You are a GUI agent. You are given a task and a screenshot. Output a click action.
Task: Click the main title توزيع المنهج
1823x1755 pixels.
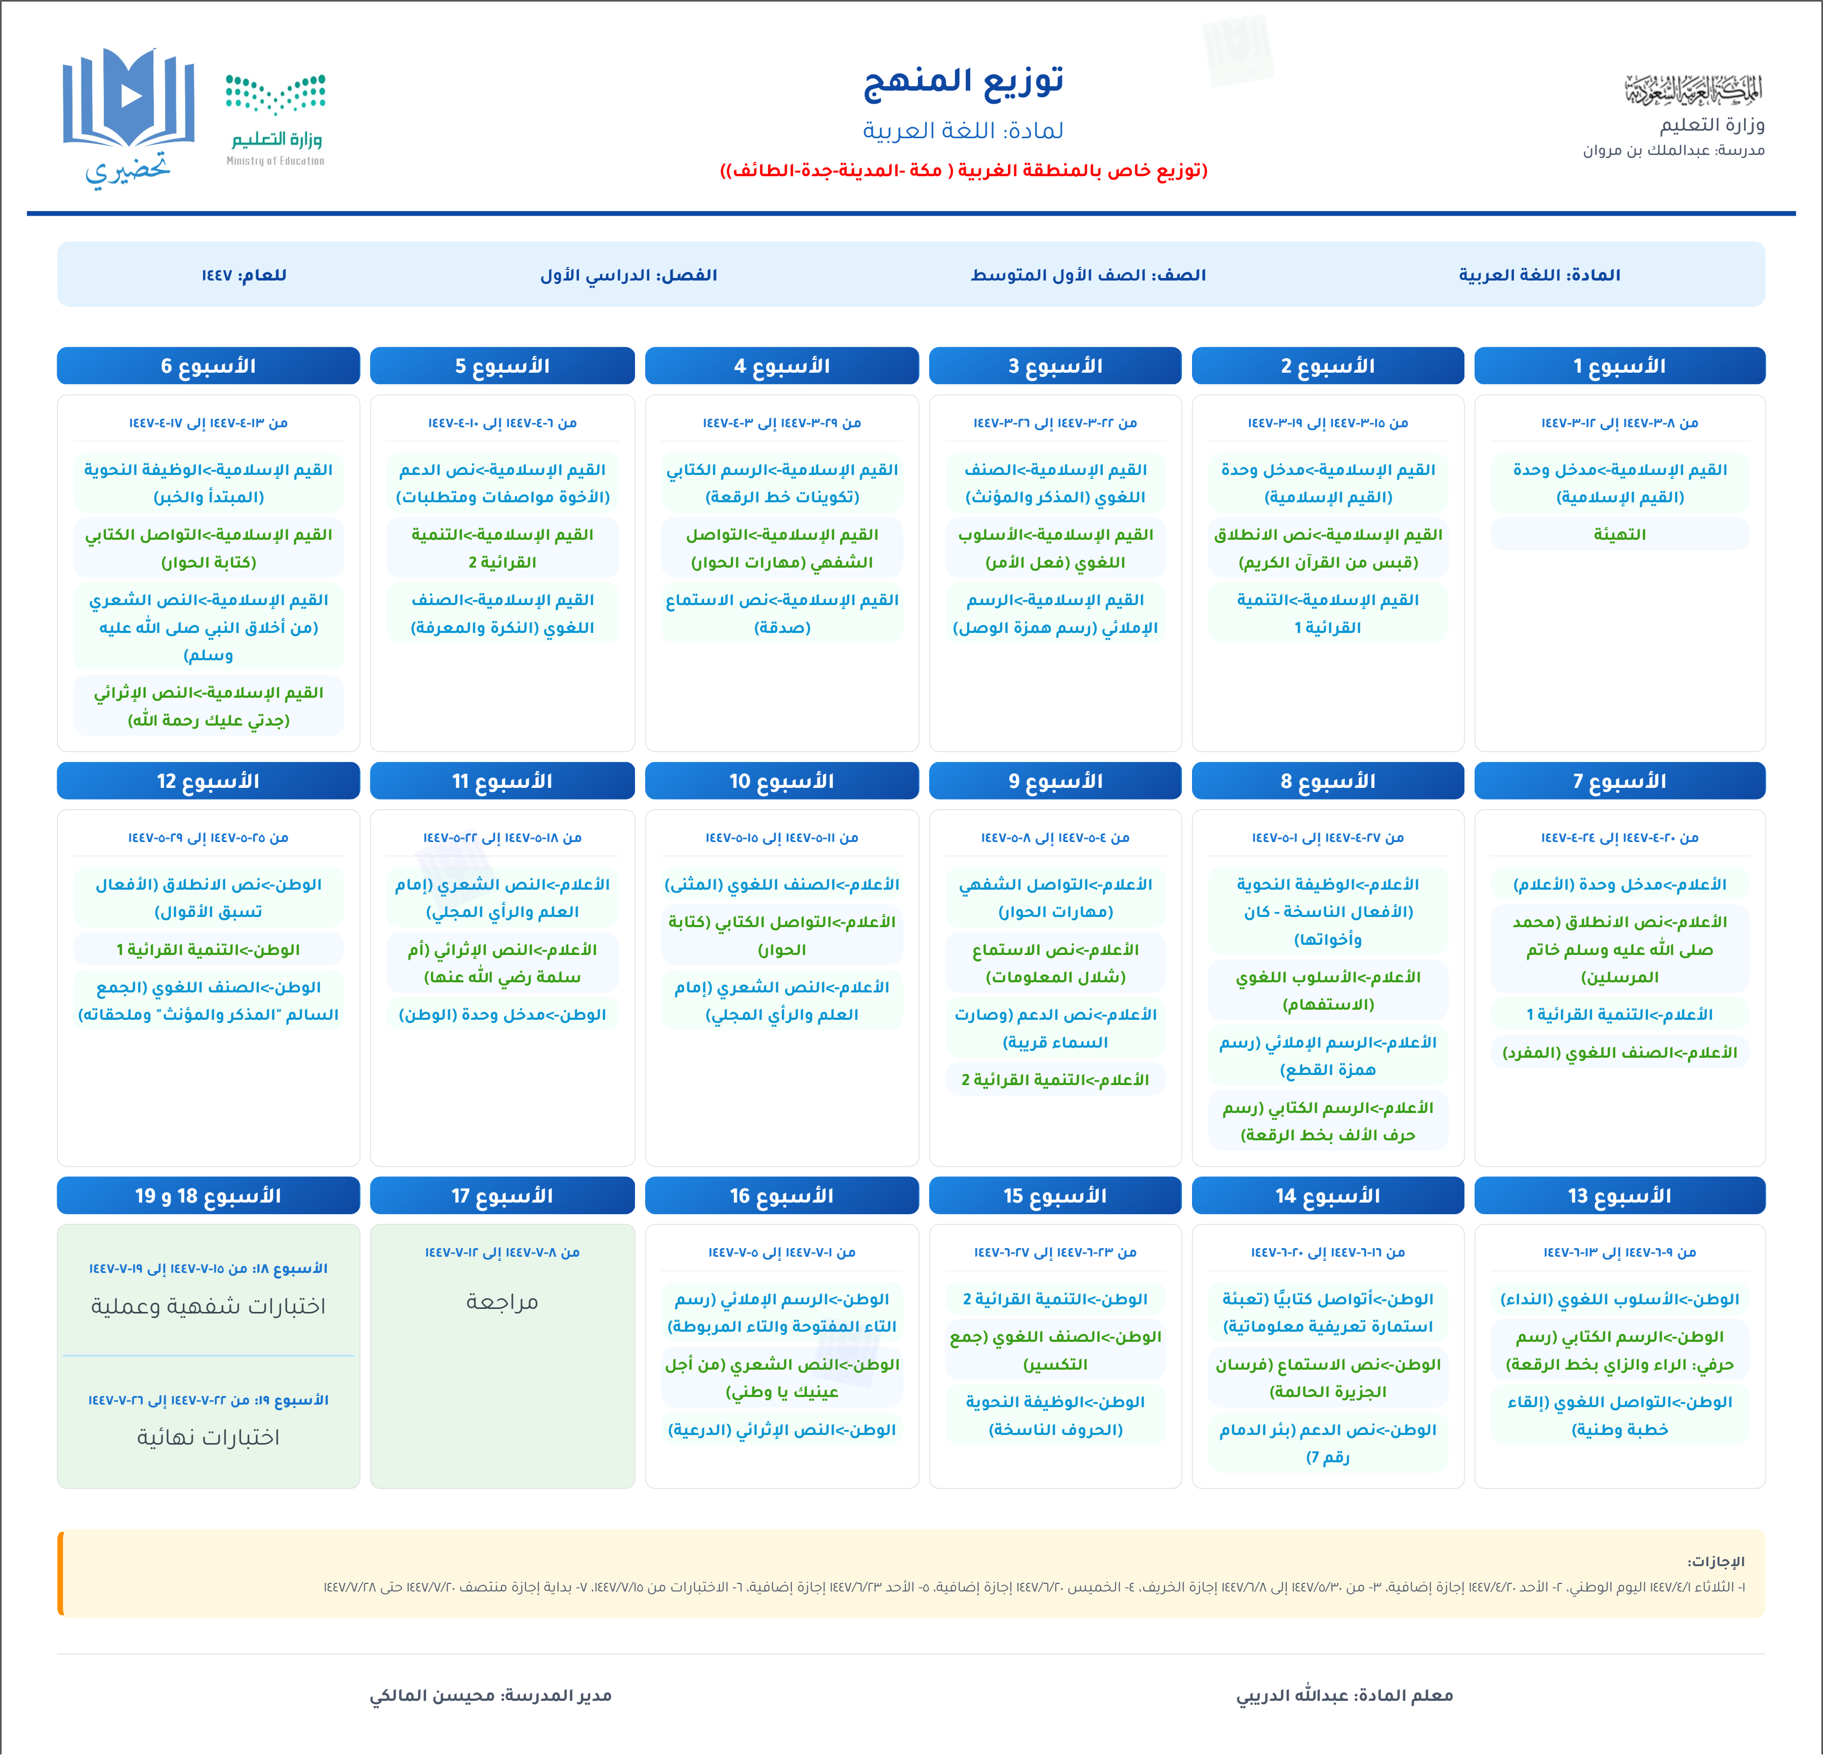[964, 82]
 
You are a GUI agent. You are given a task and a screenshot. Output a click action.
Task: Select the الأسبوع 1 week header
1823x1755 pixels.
[1619, 366]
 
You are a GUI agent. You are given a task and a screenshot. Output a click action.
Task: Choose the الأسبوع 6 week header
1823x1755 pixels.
[208, 366]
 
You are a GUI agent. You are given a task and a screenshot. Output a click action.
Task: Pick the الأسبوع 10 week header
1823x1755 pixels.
[781, 780]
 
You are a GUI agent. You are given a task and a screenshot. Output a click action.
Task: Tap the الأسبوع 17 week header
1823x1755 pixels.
[502, 1195]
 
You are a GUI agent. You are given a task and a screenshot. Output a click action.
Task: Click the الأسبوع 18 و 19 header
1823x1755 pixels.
[208, 1195]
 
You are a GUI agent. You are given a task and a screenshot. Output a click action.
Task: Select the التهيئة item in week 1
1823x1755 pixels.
[1619, 535]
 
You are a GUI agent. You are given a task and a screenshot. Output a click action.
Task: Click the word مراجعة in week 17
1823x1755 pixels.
[502, 1301]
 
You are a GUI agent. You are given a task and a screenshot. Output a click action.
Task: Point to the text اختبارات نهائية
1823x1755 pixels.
[208, 1437]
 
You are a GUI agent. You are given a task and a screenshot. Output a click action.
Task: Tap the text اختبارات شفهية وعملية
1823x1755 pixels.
[208, 1306]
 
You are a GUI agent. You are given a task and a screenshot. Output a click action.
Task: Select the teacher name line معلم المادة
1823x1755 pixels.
[1344, 1695]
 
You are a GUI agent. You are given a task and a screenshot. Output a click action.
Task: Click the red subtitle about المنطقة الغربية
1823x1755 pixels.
[964, 170]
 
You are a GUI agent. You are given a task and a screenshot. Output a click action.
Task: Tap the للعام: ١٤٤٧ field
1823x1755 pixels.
[244, 275]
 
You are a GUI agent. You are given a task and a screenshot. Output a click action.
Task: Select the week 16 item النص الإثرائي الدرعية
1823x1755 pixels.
[781, 1429]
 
